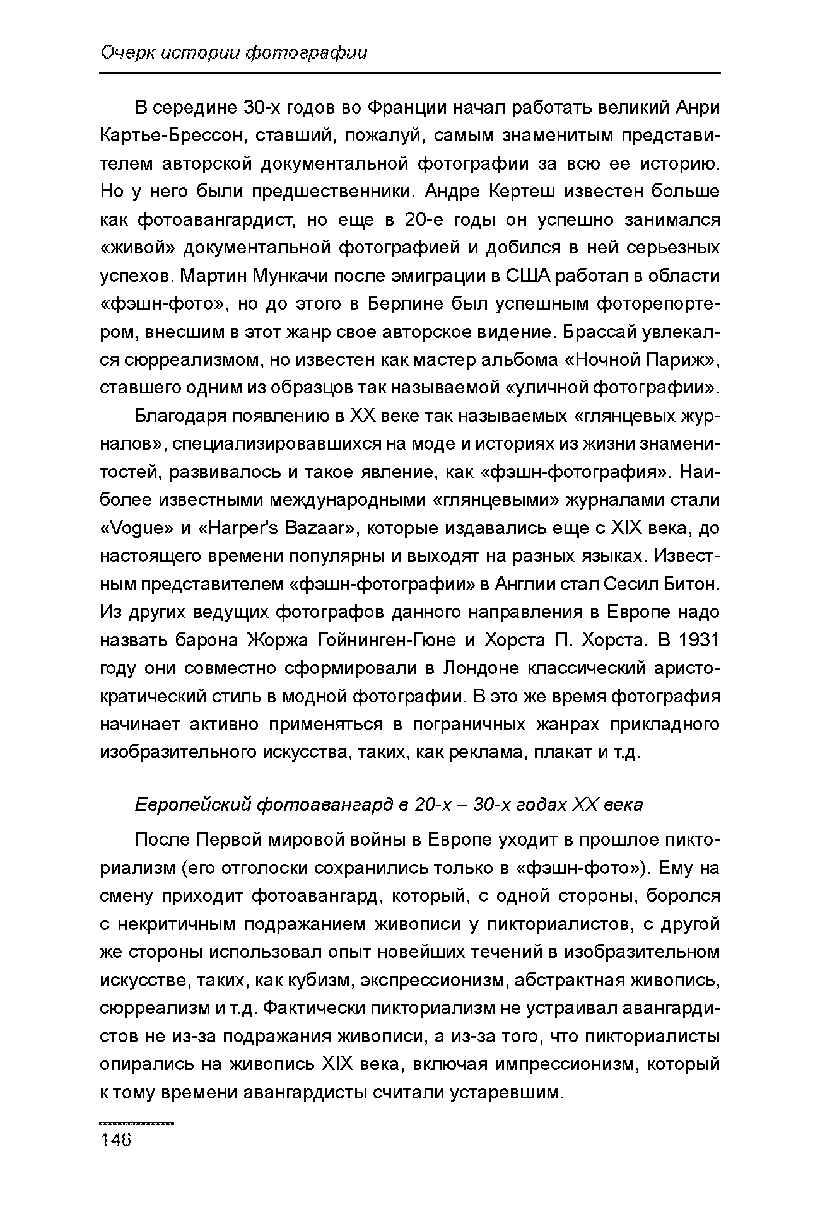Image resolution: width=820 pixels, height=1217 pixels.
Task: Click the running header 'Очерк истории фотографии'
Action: point(233,53)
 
